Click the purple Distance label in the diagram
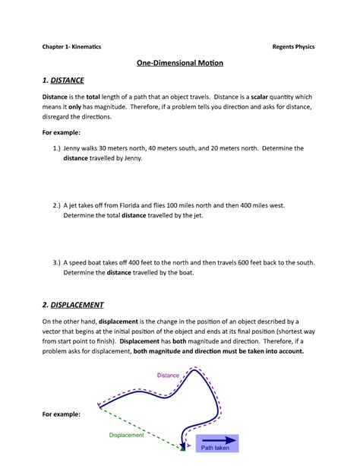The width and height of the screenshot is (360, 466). pyautogui.click(x=169, y=375)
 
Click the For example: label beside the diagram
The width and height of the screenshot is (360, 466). pyautogui.click(x=62, y=414)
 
